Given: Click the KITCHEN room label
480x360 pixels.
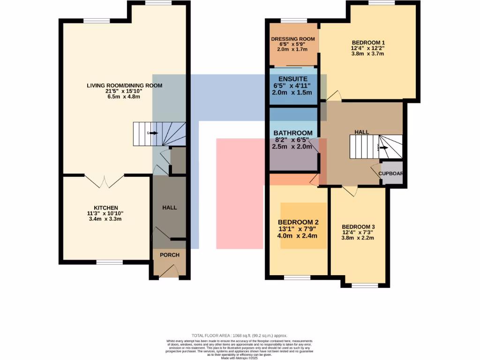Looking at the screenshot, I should coord(106,208).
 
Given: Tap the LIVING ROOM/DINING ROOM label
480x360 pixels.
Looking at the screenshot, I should coord(124,85).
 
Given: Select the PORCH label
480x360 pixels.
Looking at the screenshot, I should coord(169,255).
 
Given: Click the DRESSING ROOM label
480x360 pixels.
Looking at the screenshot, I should coord(293,38).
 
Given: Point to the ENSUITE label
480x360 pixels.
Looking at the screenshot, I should coord(292,79).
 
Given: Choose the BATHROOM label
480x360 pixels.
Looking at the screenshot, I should coord(292,133).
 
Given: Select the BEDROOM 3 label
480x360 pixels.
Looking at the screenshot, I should coord(358,226).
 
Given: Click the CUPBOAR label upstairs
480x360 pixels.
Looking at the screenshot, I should coord(391,173).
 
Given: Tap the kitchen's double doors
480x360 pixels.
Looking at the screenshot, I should coord(104,181).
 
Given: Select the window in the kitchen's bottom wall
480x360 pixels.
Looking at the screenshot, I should coord(109,262).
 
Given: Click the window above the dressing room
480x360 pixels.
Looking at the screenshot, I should coord(293,20).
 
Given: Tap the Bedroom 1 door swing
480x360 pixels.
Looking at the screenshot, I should coord(334,96).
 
